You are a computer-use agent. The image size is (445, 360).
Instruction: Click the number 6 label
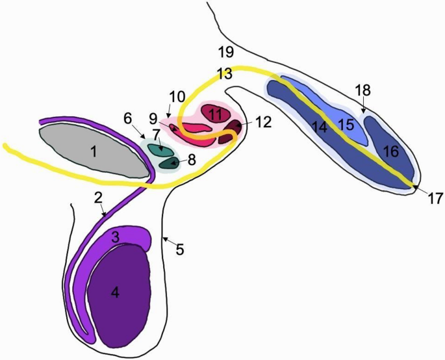click(128, 118)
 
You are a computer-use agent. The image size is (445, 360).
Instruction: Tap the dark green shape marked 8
click(170, 163)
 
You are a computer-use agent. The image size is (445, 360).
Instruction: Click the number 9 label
click(153, 119)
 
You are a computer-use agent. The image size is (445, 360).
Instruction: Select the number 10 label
click(177, 97)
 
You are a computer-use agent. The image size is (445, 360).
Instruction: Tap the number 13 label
click(224, 74)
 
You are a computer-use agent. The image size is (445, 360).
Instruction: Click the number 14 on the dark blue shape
click(319, 127)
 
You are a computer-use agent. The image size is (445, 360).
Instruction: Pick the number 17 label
click(435, 198)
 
